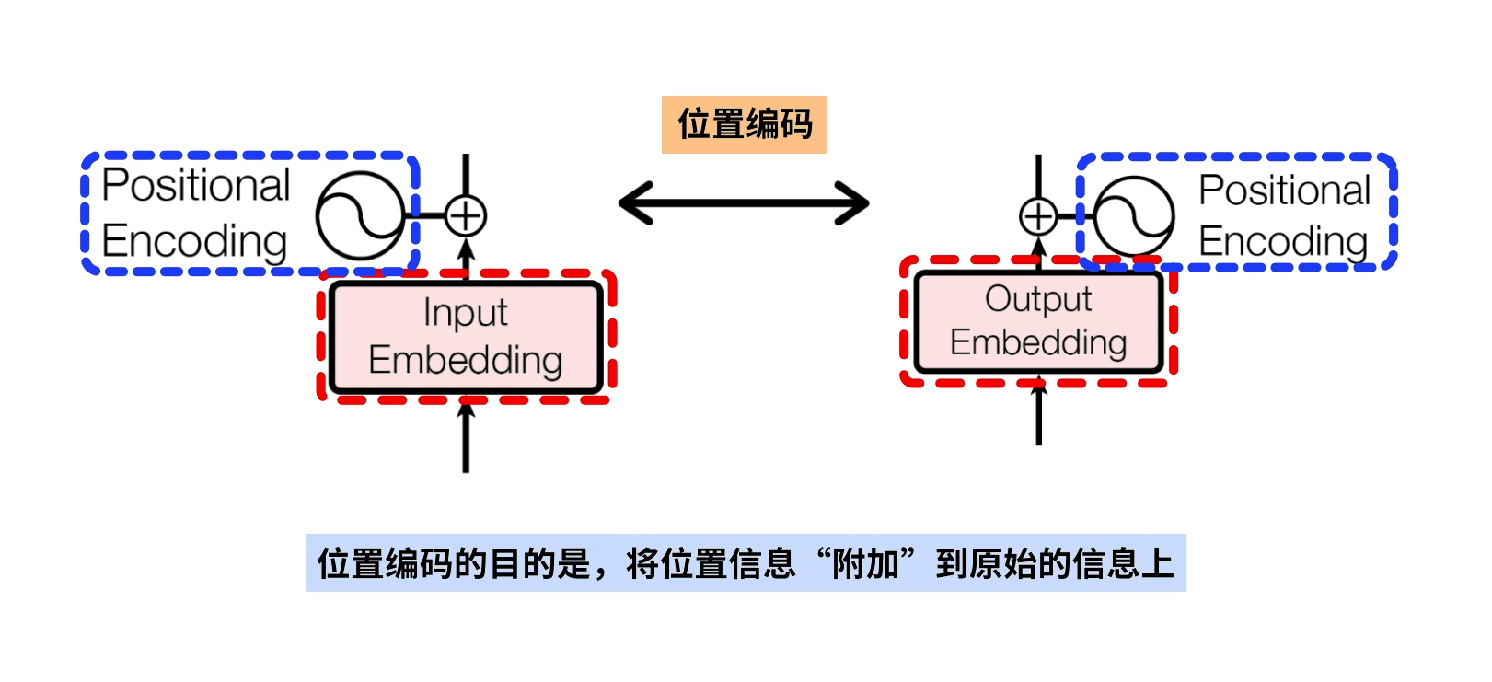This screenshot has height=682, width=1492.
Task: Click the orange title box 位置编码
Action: coord(744,124)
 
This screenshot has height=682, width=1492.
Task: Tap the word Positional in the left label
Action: coord(196,185)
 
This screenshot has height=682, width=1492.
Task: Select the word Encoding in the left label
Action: coord(194,241)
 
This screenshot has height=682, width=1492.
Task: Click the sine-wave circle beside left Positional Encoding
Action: coord(360,216)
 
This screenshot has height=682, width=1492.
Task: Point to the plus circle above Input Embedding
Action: coord(466,216)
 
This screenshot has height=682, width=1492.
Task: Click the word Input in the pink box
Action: coord(465,313)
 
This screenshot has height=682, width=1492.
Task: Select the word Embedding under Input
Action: coord(465,360)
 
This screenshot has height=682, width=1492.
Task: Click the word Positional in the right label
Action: coord(1284,191)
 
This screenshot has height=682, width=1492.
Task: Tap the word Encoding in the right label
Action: coord(1282,241)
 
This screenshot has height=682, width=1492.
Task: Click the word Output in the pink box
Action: coord(1038,299)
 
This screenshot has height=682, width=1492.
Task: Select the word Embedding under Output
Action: coord(1038,342)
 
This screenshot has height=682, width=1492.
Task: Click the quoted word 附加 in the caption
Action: coord(866,563)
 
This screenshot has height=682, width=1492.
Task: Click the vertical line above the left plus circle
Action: coord(466,175)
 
